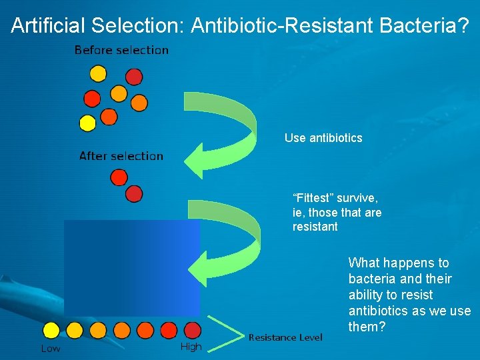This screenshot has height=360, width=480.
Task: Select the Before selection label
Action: [x=121, y=50]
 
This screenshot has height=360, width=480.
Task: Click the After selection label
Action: [x=121, y=156]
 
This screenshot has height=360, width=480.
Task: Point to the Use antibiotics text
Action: [x=323, y=138]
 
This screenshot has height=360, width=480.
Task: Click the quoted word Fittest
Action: [x=313, y=198]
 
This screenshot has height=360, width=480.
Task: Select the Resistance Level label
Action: [x=285, y=337]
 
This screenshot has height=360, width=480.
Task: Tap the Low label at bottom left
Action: [x=51, y=348]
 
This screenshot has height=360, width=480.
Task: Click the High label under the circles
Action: [x=191, y=347]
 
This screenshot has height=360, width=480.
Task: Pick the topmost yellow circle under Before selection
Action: [x=98, y=73]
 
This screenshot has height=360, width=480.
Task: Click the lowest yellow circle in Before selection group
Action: [x=87, y=123]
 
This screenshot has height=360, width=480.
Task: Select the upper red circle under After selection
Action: [x=119, y=177]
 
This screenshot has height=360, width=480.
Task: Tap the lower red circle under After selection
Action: [x=134, y=193]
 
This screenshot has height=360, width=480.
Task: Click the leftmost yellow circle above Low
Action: [x=51, y=330]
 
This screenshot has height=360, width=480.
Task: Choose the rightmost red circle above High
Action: [x=192, y=330]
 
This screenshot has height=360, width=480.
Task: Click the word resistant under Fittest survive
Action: [x=315, y=227]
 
